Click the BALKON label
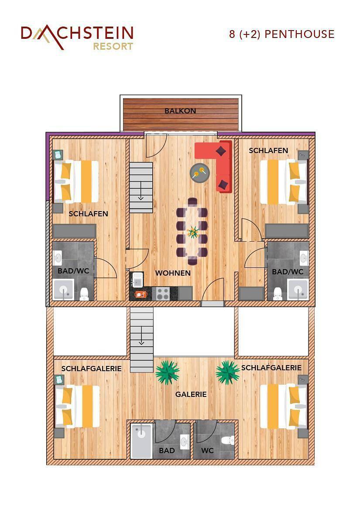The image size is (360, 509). point(180,111)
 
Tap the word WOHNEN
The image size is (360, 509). point(173,273)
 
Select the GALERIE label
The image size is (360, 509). point(191,394)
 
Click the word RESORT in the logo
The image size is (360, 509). point(113,46)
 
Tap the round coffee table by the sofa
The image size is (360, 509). point(200,173)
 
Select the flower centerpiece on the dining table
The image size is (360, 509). point(192,231)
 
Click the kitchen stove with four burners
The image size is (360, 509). point(163,294)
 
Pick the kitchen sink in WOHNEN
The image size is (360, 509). point(137,278)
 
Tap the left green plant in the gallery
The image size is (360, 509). point(167,372)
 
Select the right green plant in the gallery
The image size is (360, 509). point(227,372)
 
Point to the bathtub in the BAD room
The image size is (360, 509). point(141,441)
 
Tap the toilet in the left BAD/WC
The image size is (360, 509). point(84,294)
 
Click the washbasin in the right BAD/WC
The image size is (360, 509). point(304,259)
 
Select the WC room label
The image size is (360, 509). point(207,451)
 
